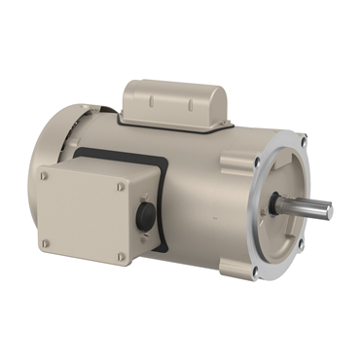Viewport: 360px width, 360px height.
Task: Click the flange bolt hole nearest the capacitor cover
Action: pyautogui.click(x=256, y=156)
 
